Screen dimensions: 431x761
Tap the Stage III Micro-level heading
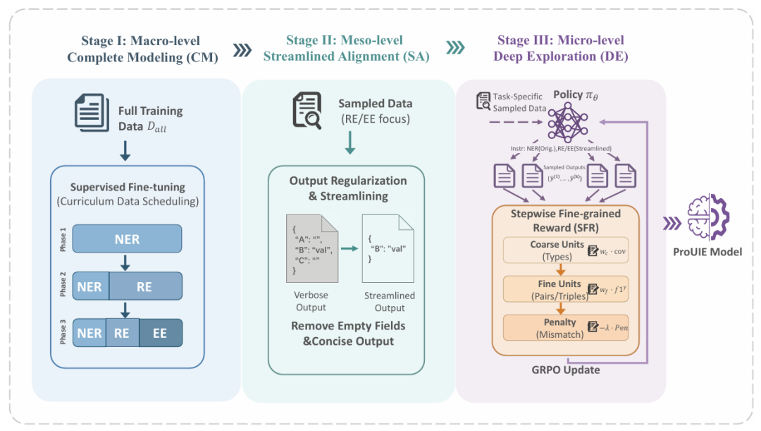click(x=561, y=49)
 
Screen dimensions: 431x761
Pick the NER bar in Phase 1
click(x=127, y=239)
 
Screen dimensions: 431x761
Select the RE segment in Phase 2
click(x=144, y=286)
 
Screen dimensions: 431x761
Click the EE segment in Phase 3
click(x=160, y=333)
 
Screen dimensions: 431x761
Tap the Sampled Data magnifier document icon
click(x=307, y=111)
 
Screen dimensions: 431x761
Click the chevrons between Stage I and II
click(x=242, y=49)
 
